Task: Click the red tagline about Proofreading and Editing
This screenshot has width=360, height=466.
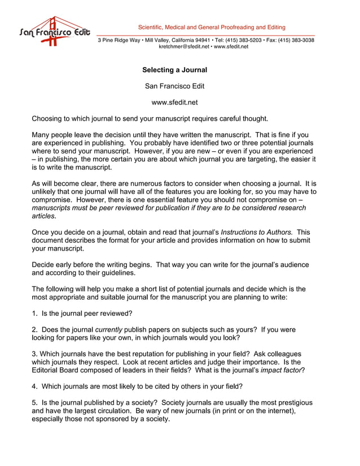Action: [x=212, y=27]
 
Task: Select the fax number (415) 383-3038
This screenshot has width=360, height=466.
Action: [x=296, y=40]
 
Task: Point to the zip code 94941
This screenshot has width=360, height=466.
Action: [x=203, y=40]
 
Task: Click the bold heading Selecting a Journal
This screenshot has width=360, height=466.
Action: [x=174, y=71]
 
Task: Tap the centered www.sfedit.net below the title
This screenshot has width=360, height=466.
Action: [x=174, y=102]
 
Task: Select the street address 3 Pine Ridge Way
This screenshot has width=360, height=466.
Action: [x=119, y=40]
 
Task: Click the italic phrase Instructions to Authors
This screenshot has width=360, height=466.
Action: [x=257, y=232]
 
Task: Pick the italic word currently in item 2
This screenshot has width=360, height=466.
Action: [x=108, y=329]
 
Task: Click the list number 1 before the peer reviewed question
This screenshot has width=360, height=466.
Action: [x=34, y=313]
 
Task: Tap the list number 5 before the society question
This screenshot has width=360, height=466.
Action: [x=34, y=403]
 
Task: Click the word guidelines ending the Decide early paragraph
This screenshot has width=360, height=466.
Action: [x=117, y=272]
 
